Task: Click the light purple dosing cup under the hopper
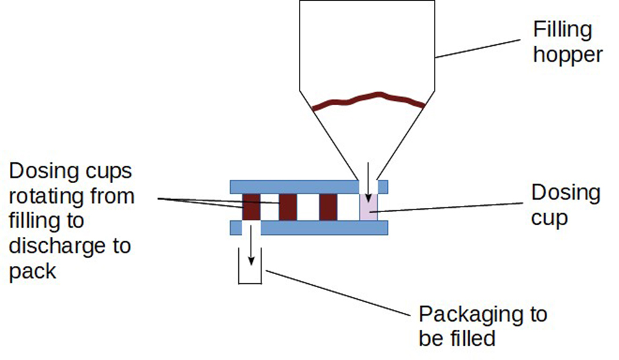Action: pos(368,207)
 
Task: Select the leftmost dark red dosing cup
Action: pos(251,207)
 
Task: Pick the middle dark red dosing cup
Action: pos(288,207)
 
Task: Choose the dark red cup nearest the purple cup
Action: pos(327,207)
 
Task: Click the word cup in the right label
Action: pos(549,218)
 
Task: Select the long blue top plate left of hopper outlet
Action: pos(294,186)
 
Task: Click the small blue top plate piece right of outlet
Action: pos(383,186)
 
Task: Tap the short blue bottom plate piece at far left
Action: pos(235,228)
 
